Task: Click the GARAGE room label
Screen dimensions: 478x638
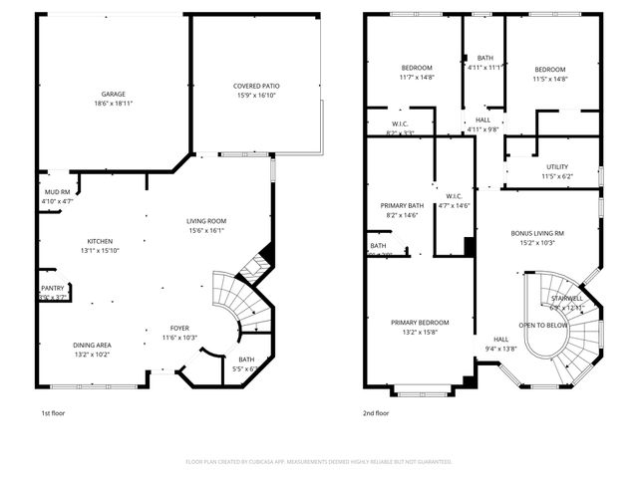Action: coord(113,94)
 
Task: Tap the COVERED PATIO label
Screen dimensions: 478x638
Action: coord(255,87)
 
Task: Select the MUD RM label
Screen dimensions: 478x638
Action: coord(57,192)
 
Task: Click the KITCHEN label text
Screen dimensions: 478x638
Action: coord(99,241)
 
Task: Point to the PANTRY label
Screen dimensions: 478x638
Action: coord(52,288)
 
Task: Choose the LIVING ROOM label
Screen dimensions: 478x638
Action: coord(206,221)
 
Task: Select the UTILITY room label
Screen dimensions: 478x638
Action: coord(556,167)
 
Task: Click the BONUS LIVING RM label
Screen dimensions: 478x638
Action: coord(538,232)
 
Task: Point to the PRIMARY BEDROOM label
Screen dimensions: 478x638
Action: coord(419,323)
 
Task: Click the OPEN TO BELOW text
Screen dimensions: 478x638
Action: coord(543,326)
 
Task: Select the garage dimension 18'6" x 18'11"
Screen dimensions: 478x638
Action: coord(113,103)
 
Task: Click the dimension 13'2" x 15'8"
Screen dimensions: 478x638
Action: coord(419,332)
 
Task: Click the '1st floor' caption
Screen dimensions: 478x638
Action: coord(54,412)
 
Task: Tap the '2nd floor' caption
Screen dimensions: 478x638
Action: coord(375,412)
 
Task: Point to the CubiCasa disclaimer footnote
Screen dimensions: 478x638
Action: coord(319,461)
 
